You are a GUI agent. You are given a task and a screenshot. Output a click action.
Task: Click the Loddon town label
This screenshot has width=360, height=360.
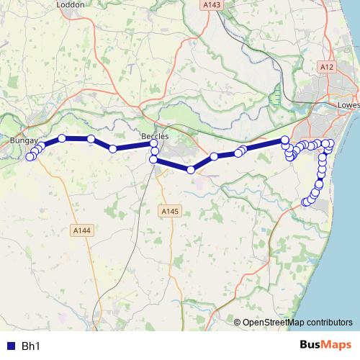pos(71,4)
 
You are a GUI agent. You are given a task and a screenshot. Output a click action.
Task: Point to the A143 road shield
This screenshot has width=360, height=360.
pos(212,4)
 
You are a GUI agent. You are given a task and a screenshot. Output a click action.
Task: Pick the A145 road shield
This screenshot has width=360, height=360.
pos(168,211)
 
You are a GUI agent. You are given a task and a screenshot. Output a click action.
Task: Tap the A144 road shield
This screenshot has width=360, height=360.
pos(81,230)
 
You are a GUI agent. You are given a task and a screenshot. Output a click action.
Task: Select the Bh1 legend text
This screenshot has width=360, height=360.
pos(30,346)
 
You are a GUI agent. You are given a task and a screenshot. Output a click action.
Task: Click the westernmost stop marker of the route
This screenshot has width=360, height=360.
pos(30,157)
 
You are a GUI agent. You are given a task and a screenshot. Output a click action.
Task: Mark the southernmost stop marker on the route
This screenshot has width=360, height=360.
pos(305,202)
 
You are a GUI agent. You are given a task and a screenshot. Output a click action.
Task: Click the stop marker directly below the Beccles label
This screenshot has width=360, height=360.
pos(154,144)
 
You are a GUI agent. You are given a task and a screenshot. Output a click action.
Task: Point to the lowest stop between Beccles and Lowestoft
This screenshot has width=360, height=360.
pos(191,170)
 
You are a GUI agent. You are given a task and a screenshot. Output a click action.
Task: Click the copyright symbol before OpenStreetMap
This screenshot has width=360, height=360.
pos(238,323)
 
